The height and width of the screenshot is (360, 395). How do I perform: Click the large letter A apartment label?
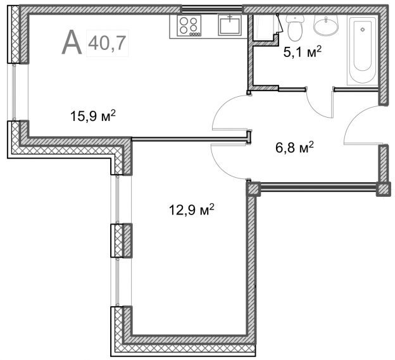coord(72,42)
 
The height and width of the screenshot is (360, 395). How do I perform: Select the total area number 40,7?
coord(107,43)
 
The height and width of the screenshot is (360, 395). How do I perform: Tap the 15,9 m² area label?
coord(93,116)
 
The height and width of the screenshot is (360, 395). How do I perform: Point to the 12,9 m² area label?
coord(192,209)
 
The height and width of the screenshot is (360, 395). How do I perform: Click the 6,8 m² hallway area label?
coord(294,147)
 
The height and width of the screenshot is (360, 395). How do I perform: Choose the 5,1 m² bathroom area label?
coord(303,52)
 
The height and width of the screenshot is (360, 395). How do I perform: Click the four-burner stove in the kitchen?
coord(189,25)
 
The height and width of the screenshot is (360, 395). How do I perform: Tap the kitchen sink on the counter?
coord(230,24)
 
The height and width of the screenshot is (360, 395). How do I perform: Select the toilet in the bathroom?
coord(295,28)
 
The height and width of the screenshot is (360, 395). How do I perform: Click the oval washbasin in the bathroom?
coord(326,25)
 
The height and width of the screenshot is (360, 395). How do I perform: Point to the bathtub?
coord(363,50)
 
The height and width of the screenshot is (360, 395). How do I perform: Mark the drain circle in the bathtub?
coord(363,30)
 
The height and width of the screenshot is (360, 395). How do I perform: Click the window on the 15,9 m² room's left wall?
coord(15,92)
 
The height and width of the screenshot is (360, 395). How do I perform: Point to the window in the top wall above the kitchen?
coord(212,9)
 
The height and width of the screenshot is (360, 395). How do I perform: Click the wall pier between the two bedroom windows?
coord(122,240)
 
